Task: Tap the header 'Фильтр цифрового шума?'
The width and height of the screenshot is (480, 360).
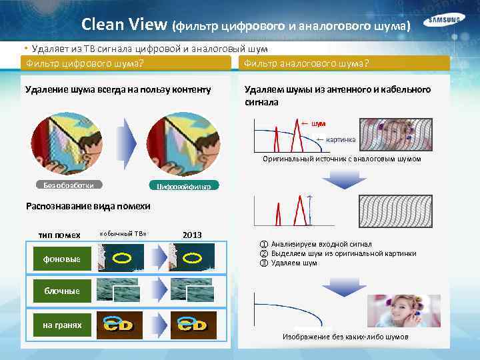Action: coord(85,63)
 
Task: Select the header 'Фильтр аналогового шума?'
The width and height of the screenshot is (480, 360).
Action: coord(307,63)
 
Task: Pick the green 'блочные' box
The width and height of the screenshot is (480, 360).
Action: coord(62,291)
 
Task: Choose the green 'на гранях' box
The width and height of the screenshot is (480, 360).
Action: coord(62,325)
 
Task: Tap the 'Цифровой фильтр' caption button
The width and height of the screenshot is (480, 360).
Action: coord(183,187)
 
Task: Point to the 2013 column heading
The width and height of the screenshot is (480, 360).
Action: coord(192,235)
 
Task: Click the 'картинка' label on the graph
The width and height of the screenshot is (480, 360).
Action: coord(340,139)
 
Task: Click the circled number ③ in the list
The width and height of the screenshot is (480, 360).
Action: coord(263,263)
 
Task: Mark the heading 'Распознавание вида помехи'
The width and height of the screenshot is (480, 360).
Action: coord(88,206)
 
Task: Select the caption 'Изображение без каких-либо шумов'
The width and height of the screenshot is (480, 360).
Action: coord(345,337)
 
